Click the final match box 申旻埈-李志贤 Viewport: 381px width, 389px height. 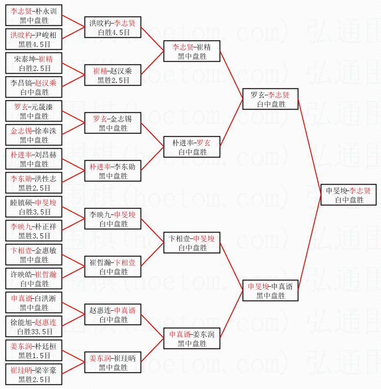click(348, 195)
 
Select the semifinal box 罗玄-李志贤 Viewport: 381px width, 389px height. click(270, 99)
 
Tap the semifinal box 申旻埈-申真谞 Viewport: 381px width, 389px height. click(270, 290)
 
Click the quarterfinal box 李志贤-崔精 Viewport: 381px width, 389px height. click(192, 51)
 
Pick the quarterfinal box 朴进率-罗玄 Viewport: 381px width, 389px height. click(192, 147)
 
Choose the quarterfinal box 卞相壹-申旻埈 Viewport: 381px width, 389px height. click(192, 243)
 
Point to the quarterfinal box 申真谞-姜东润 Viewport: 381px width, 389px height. click(192, 338)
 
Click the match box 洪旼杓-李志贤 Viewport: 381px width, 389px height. click(113, 27)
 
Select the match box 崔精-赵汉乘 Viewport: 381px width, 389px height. click(113, 75)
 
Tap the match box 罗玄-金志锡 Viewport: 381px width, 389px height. click(113, 123)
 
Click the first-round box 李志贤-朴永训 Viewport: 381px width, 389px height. click(34, 15)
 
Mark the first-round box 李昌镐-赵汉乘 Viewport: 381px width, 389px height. click(34, 87)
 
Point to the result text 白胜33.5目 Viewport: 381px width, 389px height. click(35, 331)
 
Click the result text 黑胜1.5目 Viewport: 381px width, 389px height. click(34, 355)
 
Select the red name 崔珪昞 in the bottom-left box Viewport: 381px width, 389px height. click(21, 370)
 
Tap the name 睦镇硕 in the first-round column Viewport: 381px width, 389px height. click(21, 203)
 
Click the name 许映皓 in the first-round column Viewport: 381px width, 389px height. click(21, 274)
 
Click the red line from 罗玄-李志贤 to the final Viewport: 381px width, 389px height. click(309, 147)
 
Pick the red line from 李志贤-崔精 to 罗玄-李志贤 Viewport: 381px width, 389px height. click(231, 75)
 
